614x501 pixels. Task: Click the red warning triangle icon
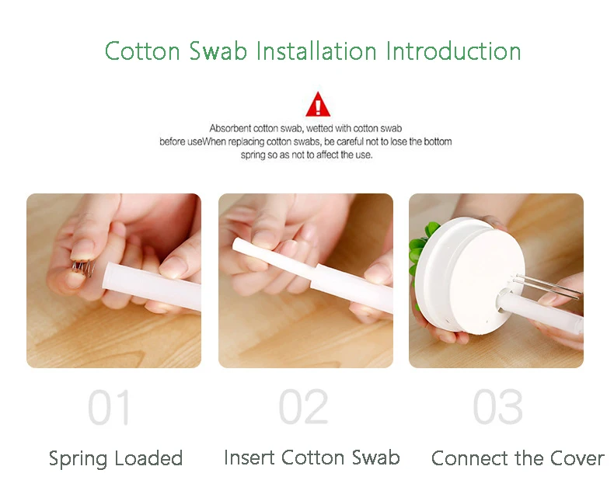click(318, 105)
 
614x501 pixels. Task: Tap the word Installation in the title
click(316, 51)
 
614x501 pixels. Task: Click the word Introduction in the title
click(453, 51)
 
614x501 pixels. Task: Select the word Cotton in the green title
click(142, 51)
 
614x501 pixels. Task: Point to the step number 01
click(109, 407)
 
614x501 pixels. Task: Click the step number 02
click(303, 407)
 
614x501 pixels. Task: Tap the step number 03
click(497, 407)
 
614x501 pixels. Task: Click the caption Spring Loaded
click(116, 459)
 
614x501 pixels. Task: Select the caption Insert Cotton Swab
click(312, 458)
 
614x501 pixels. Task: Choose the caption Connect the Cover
click(518, 458)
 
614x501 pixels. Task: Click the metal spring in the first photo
click(83, 268)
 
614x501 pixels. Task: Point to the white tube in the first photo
click(152, 287)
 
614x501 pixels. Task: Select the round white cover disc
click(470, 277)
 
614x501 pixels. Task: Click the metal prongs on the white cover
click(546, 286)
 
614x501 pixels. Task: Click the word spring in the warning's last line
click(253, 155)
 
